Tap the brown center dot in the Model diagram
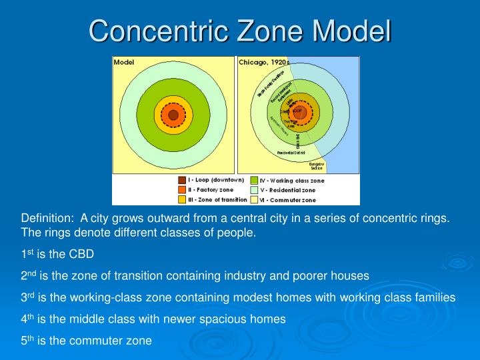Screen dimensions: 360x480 [173, 115]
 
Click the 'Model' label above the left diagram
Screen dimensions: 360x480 [124, 62]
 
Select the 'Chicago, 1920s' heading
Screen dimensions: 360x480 [264, 62]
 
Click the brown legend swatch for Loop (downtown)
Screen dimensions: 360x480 [182, 180]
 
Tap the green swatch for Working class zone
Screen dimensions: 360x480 [254, 180]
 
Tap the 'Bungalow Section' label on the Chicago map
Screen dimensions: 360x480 [316, 165]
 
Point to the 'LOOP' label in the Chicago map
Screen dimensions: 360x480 [297, 110]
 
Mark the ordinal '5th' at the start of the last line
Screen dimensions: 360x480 [27, 340]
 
